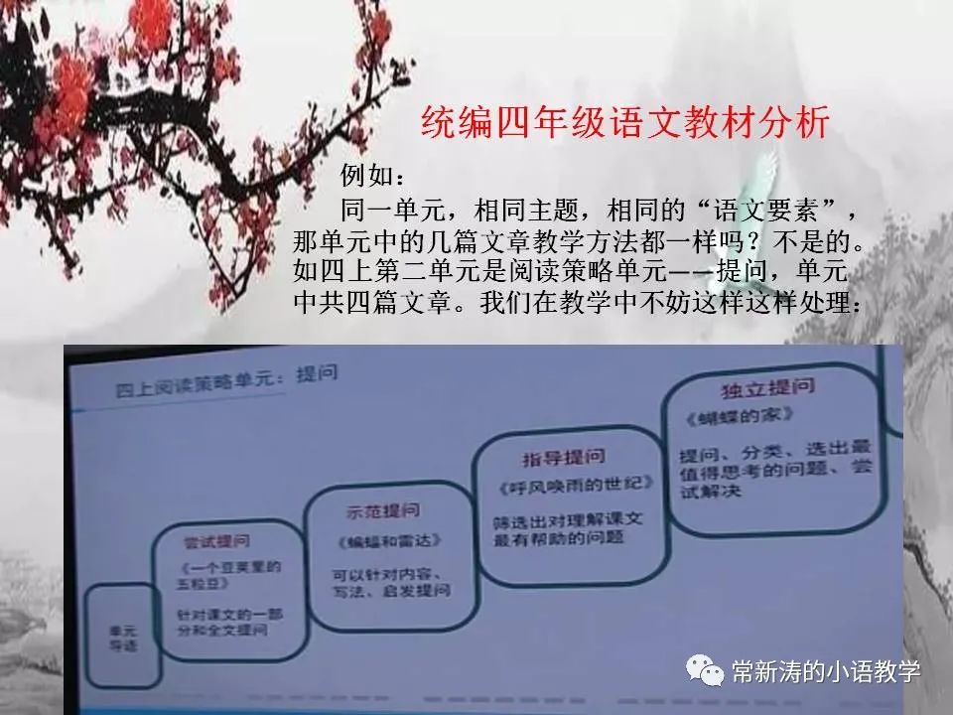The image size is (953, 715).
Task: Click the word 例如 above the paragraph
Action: coord(373,176)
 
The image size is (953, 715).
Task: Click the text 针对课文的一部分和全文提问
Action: coord(222,622)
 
